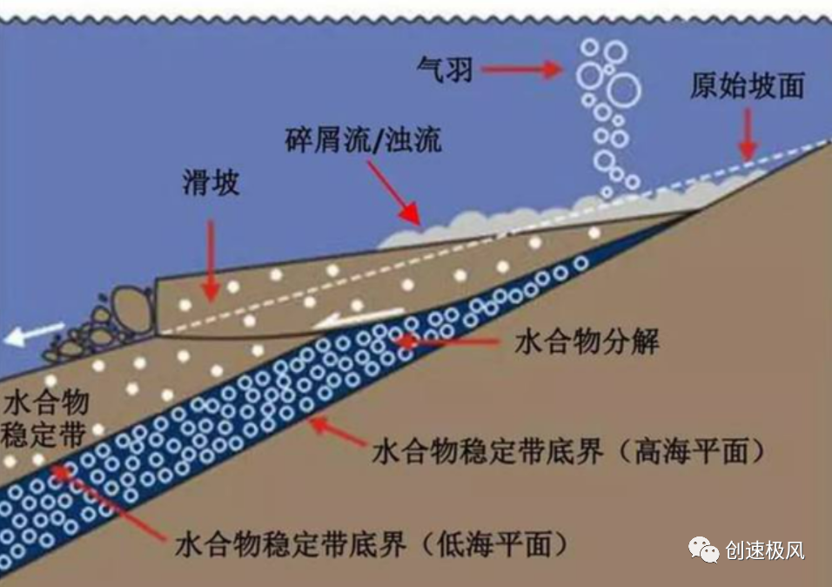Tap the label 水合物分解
[x=586, y=341]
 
